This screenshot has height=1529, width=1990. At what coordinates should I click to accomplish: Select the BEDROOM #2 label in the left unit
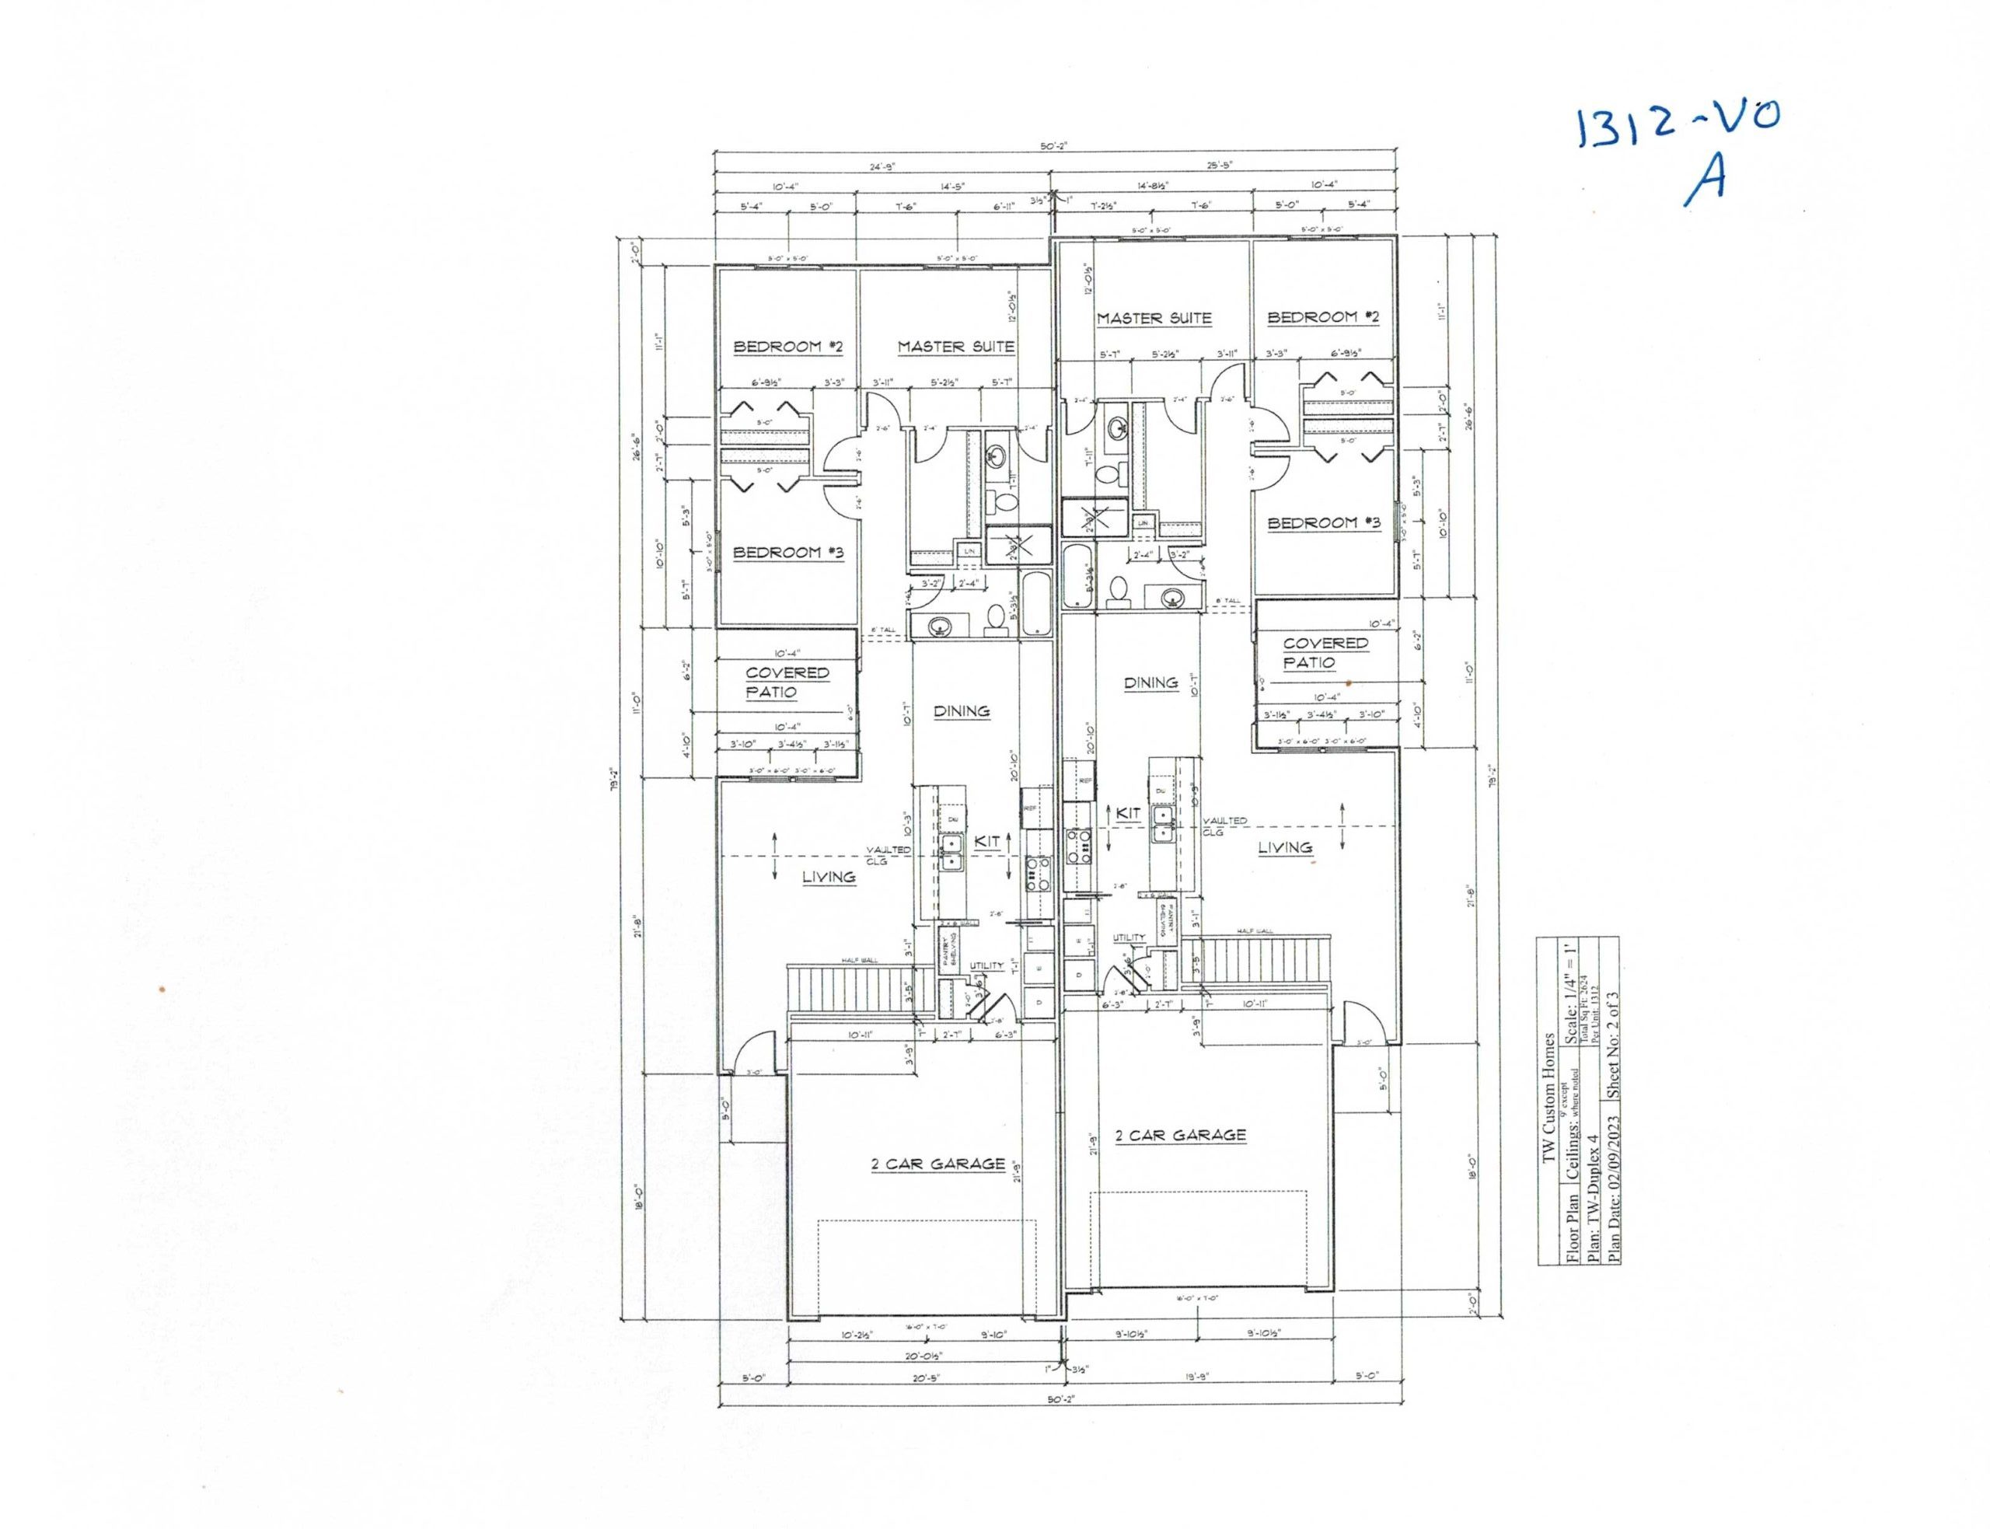pyautogui.click(x=790, y=347)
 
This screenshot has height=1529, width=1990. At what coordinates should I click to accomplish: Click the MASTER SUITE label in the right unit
pyautogui.click(x=1154, y=319)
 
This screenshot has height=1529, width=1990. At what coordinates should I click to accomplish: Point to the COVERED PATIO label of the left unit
pyautogui.click(x=787, y=682)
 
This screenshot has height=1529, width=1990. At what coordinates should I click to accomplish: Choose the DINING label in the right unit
pyautogui.click(x=1150, y=682)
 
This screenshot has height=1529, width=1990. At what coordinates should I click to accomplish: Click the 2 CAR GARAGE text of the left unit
pyautogui.click(x=937, y=1164)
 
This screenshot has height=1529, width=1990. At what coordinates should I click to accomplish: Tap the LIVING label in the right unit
pyautogui.click(x=1285, y=847)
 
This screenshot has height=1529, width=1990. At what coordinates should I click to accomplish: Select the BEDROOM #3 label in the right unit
pyautogui.click(x=1324, y=523)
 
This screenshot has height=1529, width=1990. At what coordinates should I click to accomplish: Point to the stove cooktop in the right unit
pyautogui.click(x=1080, y=845)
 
